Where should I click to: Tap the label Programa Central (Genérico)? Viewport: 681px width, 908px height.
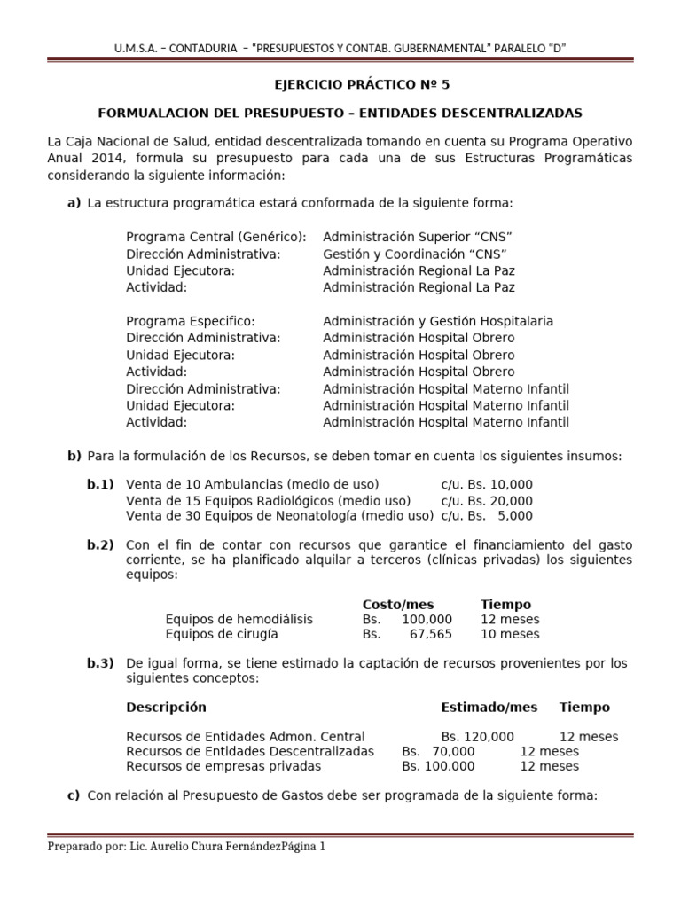click(x=216, y=237)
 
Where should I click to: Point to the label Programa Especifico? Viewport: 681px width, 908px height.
click(x=191, y=321)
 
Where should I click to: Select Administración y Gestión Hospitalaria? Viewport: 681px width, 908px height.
click(x=438, y=321)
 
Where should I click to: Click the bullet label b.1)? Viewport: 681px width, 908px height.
click(x=100, y=483)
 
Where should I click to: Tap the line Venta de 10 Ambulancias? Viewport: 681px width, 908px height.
click(x=253, y=483)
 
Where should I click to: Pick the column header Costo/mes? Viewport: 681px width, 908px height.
click(x=398, y=604)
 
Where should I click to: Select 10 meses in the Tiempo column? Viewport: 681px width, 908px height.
click(x=510, y=634)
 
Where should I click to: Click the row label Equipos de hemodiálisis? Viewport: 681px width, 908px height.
click(x=239, y=619)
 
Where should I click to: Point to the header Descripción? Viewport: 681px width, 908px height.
click(x=166, y=707)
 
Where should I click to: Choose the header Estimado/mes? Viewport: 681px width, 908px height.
click(x=489, y=707)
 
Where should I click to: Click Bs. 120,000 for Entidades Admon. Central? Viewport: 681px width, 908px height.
click(x=477, y=737)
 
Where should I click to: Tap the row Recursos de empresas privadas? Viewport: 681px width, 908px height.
click(x=223, y=766)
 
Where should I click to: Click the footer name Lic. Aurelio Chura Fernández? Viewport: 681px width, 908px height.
click(x=199, y=847)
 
